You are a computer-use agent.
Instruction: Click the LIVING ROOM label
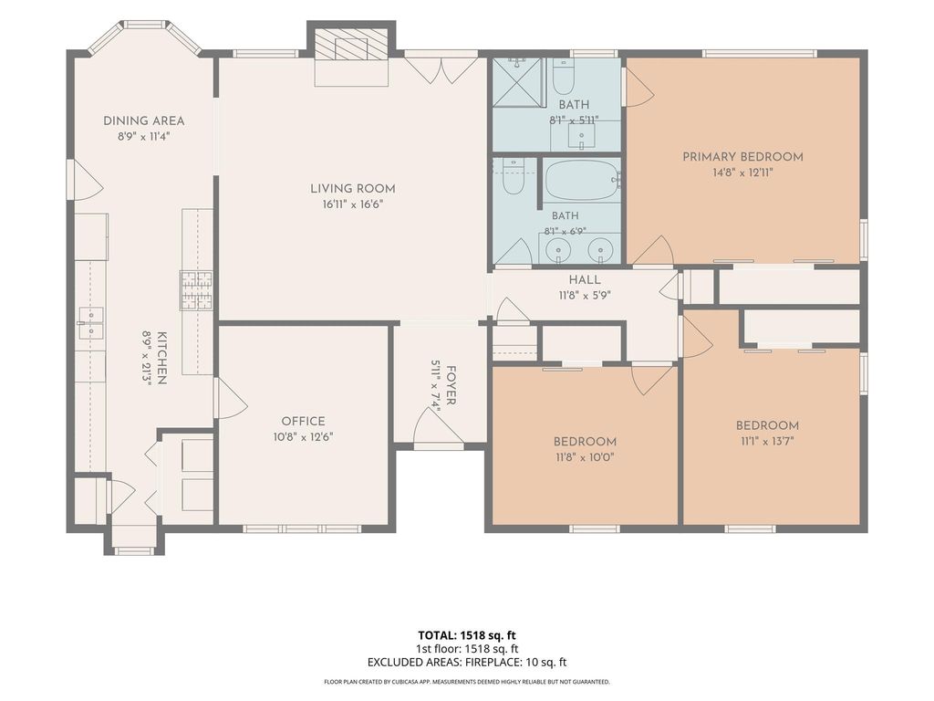353,189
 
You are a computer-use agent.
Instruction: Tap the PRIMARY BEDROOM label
742,157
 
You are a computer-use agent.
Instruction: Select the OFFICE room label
303,421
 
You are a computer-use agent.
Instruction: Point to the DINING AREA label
143,120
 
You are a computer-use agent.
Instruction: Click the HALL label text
585,279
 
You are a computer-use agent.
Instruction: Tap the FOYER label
451,386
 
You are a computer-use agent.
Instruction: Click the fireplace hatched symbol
341,44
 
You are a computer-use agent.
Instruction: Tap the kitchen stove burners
197,290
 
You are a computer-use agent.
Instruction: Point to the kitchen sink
90,322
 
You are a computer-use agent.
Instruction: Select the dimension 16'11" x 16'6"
353,204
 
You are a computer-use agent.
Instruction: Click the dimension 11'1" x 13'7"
767,441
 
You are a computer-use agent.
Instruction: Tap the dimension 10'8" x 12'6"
303,437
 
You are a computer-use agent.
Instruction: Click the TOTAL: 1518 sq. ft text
466,635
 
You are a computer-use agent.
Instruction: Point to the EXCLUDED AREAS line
466,662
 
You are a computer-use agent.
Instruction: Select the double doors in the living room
441,68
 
